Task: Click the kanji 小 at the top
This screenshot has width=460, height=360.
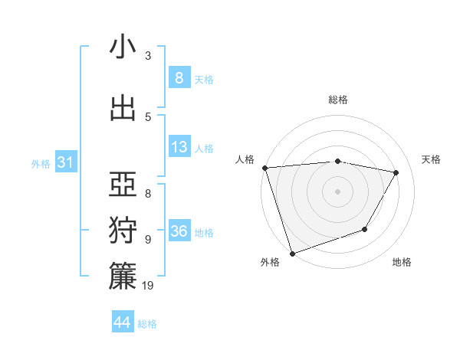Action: tap(123, 47)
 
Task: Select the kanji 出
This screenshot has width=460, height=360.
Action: tap(123, 108)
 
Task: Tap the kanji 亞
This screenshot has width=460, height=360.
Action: tap(123, 184)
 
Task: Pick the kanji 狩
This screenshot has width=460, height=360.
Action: tap(123, 231)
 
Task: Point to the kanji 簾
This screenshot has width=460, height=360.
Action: tap(123, 277)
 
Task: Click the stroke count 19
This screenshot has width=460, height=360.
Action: tap(149, 286)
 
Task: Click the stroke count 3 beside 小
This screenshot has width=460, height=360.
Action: tap(148, 55)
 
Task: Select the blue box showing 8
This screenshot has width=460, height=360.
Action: tap(179, 77)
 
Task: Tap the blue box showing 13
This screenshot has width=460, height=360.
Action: tap(179, 147)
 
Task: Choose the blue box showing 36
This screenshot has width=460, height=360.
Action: tap(179, 231)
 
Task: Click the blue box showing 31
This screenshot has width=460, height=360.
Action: tap(65, 162)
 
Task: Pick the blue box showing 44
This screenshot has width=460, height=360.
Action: tap(123, 322)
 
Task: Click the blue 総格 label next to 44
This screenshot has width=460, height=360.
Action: tap(147, 324)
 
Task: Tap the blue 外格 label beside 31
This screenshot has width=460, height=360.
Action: tap(41, 164)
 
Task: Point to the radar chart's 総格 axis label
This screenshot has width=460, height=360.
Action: tap(338, 100)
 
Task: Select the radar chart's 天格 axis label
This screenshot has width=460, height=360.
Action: tap(432, 159)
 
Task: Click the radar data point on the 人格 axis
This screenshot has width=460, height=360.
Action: tap(264, 168)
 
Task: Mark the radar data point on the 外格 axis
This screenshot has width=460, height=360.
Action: tap(292, 253)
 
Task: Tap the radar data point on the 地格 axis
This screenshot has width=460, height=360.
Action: tap(366, 229)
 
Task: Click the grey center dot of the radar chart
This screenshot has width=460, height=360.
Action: tap(338, 191)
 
